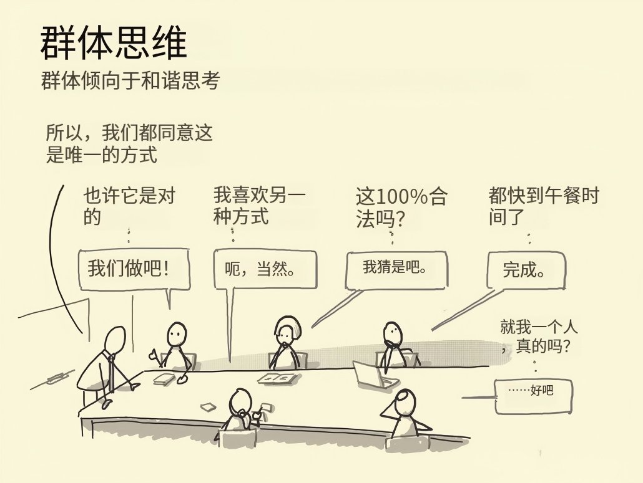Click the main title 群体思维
(x=114, y=42)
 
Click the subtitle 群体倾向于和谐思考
(x=131, y=80)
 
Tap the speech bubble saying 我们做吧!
(x=134, y=269)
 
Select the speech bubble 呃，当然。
(x=265, y=270)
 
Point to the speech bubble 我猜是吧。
(x=396, y=270)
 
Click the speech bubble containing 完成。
(x=526, y=270)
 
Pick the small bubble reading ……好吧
(x=534, y=396)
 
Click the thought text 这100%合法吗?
(x=401, y=208)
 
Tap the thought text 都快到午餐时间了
(x=544, y=206)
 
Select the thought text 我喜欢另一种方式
(x=259, y=206)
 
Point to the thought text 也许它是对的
(x=130, y=206)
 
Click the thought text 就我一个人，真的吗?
(x=538, y=337)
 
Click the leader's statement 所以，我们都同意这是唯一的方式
(x=129, y=144)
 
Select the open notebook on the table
(x=278, y=379)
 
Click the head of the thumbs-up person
(x=177, y=334)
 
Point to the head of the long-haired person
(x=287, y=330)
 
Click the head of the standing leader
(x=115, y=339)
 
